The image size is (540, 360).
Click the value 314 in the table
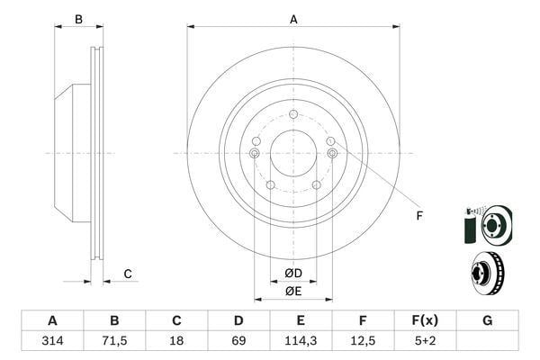[52, 341]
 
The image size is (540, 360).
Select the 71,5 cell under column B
[114, 341]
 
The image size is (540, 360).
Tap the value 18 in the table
[176, 341]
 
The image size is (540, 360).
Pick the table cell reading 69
[238, 341]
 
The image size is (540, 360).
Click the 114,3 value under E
[301, 341]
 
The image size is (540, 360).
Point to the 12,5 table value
[363, 341]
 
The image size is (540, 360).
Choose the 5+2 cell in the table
[425, 341]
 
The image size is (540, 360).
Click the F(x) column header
[425, 320]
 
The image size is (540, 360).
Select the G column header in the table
[487, 320]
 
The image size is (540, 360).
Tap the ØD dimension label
[293, 274]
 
